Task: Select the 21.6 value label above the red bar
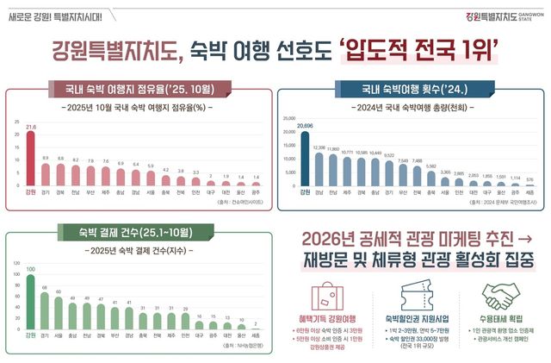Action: (x=31, y=127)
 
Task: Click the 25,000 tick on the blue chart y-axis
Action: (x=288, y=109)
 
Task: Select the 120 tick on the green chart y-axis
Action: (x=17, y=262)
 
